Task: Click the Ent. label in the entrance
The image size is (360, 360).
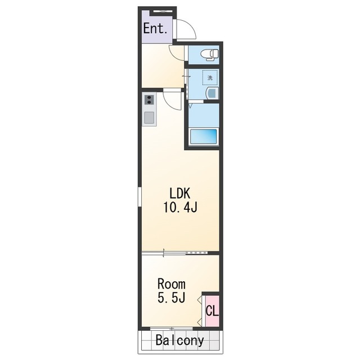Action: (155, 29)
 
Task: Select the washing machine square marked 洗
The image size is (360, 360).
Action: (210, 78)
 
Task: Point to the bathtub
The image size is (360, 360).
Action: (204, 137)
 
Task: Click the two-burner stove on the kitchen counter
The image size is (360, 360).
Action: (149, 100)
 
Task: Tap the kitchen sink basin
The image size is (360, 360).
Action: (149, 118)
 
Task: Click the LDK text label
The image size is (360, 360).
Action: (180, 193)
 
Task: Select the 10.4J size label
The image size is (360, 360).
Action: (180, 208)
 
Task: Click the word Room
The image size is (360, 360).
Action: (171, 284)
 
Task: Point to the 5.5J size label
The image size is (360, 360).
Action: (171, 298)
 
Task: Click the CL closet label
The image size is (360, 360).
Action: (212, 311)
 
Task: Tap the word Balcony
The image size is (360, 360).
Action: (180, 340)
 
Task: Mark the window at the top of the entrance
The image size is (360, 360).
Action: (163, 11)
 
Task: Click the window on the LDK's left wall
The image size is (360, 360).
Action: (139, 197)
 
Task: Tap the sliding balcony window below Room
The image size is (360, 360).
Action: (171, 328)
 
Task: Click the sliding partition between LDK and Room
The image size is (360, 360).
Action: (174, 253)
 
